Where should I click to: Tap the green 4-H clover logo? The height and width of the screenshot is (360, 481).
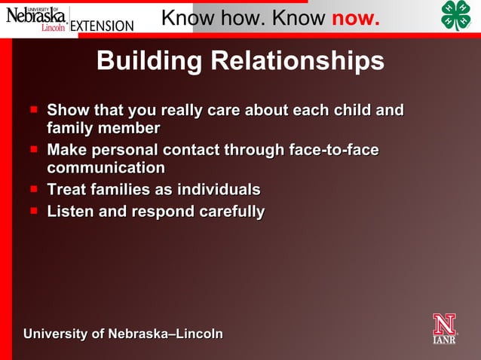pos(455,16)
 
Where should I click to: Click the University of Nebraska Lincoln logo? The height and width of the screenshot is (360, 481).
pos(35,17)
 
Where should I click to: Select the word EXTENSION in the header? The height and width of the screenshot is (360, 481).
pos(102,26)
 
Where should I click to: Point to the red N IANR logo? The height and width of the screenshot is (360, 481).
pos(444,328)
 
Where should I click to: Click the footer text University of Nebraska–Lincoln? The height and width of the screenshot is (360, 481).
pos(123,334)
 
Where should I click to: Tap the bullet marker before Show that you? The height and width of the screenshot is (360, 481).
pos(34,110)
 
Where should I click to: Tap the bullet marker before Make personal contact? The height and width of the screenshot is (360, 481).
pos(34,149)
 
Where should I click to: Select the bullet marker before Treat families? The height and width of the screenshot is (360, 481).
pos(34,188)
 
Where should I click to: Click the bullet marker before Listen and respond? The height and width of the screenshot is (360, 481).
pos(34,211)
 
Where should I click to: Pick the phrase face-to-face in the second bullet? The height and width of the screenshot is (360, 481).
pos(334,150)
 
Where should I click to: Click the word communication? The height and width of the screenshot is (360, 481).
pos(106,168)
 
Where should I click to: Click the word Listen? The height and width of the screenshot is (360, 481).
pos(71,212)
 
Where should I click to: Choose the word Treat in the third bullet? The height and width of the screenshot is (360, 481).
pos(68,190)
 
